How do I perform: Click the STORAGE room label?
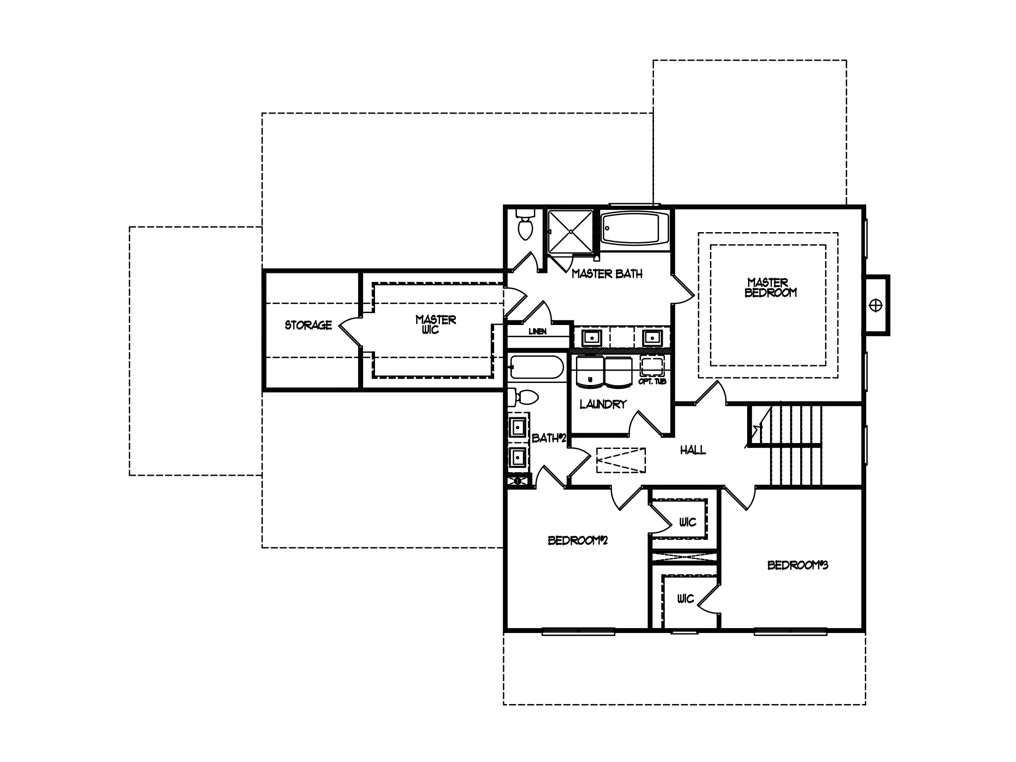(308, 325)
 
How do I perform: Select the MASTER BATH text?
(607, 273)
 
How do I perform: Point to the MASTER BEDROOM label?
(770, 287)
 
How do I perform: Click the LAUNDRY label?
(603, 404)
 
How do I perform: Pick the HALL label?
(693, 450)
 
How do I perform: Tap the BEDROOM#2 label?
(577, 540)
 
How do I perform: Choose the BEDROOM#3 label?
(798, 565)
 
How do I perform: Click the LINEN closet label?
(538, 331)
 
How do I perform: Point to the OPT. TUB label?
(652, 381)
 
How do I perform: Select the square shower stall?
(571, 232)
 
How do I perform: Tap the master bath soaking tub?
(635, 228)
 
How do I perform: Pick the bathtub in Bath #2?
(536, 368)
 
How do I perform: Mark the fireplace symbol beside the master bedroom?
(876, 306)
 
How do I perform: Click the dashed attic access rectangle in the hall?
(621, 460)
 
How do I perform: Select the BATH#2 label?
(549, 439)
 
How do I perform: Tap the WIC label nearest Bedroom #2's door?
(688, 522)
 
